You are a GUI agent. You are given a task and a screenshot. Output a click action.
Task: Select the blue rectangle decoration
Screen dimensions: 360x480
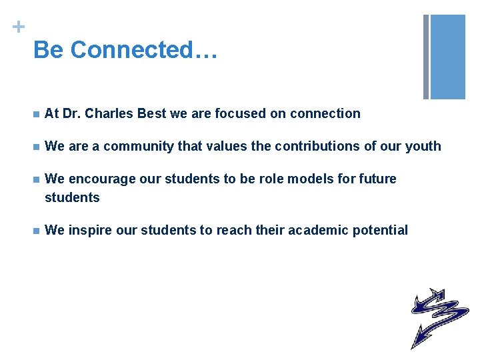pos(448,57)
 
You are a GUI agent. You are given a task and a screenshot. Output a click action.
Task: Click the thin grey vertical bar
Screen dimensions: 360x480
pos(426,57)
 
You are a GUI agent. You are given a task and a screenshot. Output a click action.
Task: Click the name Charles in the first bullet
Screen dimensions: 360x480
pos(109,114)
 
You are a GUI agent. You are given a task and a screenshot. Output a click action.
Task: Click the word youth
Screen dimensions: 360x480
pos(422,146)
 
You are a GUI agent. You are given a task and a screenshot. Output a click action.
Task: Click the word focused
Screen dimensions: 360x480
pos(239,114)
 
